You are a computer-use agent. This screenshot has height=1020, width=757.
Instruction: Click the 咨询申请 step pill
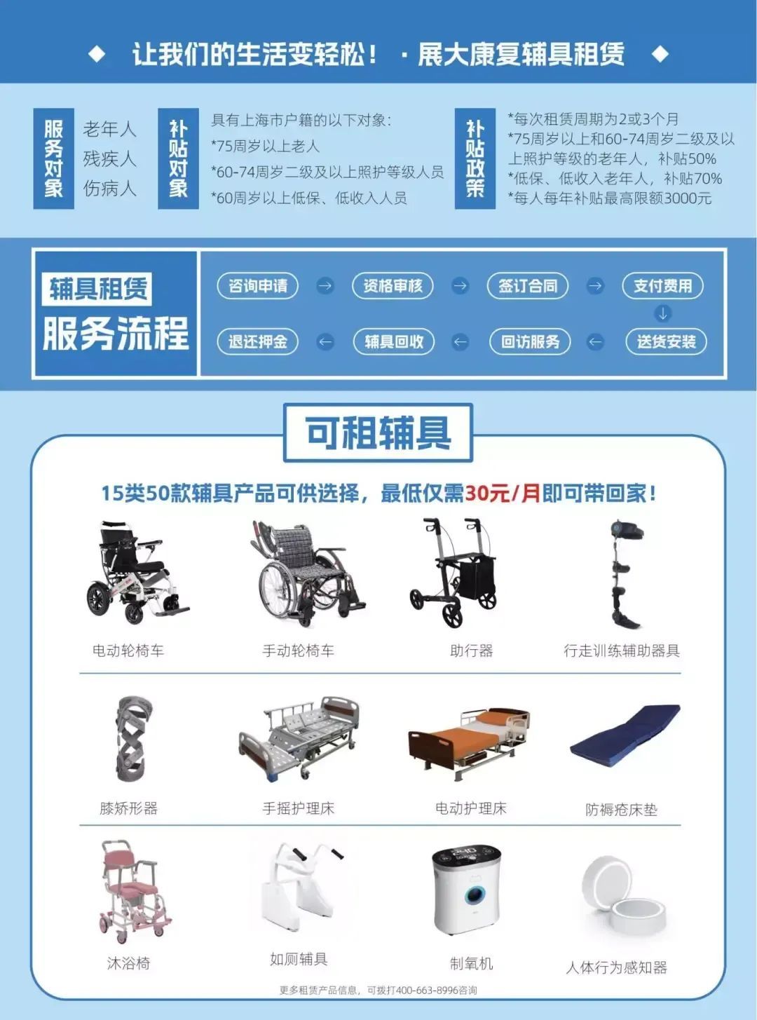[257, 285]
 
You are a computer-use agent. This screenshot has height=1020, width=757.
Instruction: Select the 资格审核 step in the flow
[393, 285]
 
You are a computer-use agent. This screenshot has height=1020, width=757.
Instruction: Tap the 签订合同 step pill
[528, 285]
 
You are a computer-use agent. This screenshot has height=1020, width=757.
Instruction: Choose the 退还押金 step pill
[257, 341]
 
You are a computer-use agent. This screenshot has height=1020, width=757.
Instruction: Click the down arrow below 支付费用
[662, 313]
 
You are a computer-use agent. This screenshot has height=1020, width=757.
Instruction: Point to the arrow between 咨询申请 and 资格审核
[325, 285]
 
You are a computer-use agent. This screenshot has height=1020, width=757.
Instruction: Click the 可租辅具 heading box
[378, 433]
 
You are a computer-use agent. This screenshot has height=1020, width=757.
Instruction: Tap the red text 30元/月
[503, 494]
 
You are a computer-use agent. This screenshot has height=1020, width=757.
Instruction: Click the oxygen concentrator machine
[467, 891]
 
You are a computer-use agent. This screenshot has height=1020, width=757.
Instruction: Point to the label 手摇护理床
[299, 808]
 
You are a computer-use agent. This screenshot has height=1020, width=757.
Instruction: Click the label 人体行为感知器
[616, 967]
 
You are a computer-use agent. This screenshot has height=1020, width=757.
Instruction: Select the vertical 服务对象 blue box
[54, 158]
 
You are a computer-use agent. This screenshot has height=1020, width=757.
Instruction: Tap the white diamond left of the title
[97, 54]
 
